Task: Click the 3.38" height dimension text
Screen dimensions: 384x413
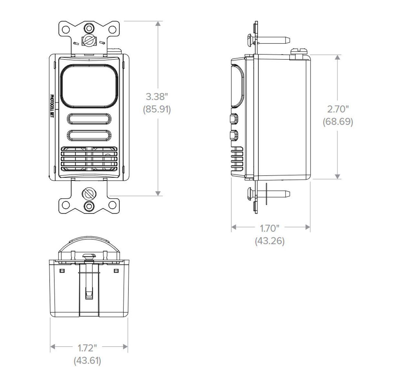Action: [x=157, y=97]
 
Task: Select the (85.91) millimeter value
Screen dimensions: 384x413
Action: [x=157, y=109]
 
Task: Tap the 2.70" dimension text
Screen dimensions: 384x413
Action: [x=338, y=109]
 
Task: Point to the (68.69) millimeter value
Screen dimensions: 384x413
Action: [x=338, y=122]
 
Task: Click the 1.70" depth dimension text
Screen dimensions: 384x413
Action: [x=270, y=228]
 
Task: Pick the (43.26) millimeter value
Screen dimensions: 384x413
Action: [x=270, y=241]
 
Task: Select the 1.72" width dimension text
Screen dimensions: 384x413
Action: [x=87, y=348]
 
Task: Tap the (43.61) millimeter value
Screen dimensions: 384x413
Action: [x=87, y=360]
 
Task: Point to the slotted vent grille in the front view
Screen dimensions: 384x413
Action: [x=89, y=159]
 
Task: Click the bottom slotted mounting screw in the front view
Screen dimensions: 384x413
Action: [x=89, y=194]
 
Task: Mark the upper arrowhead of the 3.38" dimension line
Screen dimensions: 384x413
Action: [x=158, y=24]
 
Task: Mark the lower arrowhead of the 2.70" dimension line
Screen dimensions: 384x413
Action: [x=337, y=176]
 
